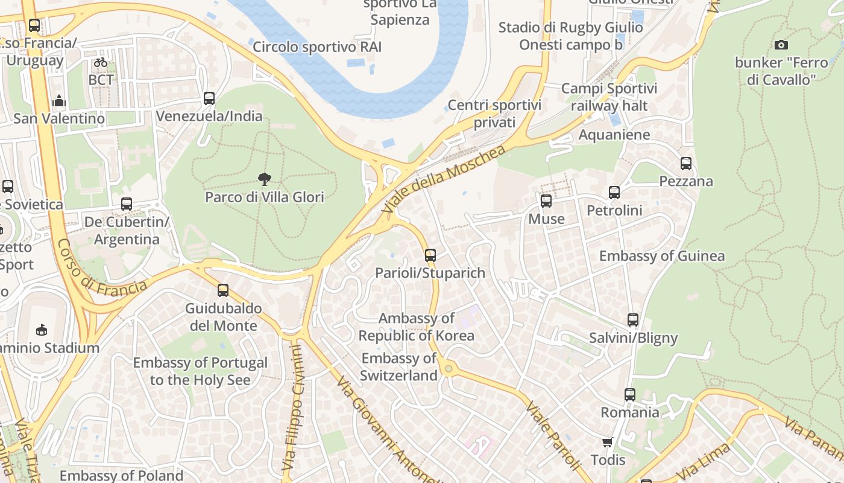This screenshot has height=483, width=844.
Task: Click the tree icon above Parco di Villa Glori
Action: coord(264,179)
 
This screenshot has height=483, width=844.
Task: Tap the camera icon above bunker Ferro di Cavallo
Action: coord(781,45)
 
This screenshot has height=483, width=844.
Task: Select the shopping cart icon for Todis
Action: coord(608,442)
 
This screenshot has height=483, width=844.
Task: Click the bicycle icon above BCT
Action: coord(101,62)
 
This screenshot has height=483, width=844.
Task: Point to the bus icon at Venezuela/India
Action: coord(209,98)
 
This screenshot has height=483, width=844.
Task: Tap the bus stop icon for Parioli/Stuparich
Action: coord(430,255)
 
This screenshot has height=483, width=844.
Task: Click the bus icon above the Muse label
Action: coord(546,201)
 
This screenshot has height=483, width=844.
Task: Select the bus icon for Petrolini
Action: coord(614,193)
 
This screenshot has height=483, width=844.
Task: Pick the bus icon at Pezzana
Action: coord(685,163)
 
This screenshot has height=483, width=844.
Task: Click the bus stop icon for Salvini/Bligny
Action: coord(633,320)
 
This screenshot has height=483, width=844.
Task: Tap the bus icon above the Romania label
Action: coord(630,395)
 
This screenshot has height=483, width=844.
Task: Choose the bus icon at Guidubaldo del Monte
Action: coord(223,290)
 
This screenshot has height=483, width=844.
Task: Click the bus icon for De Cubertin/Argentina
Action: coord(126,204)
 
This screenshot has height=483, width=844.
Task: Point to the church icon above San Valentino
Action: coord(59,101)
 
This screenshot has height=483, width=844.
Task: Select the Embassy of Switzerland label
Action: coord(398,366)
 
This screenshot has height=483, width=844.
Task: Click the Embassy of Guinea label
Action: coord(661,256)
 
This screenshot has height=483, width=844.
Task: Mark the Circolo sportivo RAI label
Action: coord(317,46)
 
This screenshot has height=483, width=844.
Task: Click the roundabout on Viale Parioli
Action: coord(447,368)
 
